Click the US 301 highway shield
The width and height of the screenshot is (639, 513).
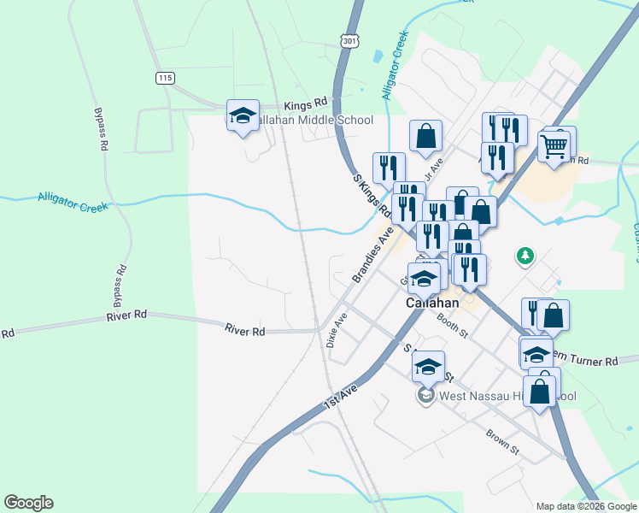click(349, 40)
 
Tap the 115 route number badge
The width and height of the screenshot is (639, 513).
click(165, 78)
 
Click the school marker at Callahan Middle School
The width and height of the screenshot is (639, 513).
click(243, 116)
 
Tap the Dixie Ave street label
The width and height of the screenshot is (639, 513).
click(336, 329)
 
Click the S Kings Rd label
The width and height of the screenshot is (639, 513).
click(372, 194)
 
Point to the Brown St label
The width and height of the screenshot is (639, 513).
click(503, 441)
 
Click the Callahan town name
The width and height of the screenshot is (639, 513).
click(432, 304)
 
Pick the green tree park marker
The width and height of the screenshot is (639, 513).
click(525, 256)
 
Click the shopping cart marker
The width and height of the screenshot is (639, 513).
click(554, 147)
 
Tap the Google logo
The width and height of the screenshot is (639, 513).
click(28, 503)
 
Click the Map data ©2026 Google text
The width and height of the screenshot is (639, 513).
click(585, 506)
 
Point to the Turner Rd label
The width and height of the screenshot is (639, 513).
click(590, 362)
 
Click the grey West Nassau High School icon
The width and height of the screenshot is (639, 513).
click(425, 396)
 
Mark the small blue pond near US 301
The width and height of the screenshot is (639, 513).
click(378, 57)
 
